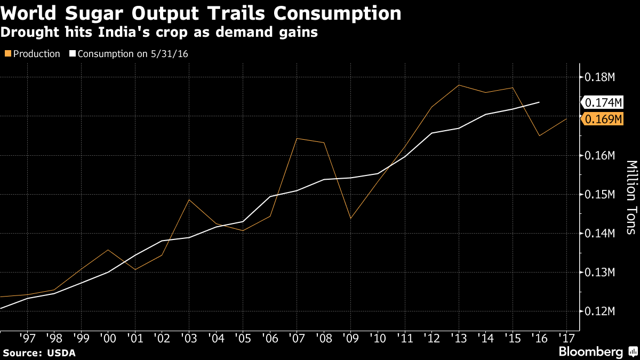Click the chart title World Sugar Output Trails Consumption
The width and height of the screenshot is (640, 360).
click(201, 13)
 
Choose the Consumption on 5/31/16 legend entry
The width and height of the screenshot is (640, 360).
click(128, 54)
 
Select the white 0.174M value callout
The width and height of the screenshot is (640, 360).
click(603, 102)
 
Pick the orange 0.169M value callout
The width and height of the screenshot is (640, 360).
click(603, 119)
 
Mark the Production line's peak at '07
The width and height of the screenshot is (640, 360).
click(297, 139)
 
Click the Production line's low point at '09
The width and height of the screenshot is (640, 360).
click(350, 219)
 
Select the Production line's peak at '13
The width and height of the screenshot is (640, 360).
click(459, 85)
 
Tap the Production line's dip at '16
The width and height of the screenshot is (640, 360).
click(539, 135)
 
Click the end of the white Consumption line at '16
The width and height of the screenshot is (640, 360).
click(539, 102)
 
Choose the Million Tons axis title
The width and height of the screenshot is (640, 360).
click(631, 197)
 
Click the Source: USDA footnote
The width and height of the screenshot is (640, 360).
click(39, 353)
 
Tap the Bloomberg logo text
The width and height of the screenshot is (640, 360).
click(590, 352)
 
